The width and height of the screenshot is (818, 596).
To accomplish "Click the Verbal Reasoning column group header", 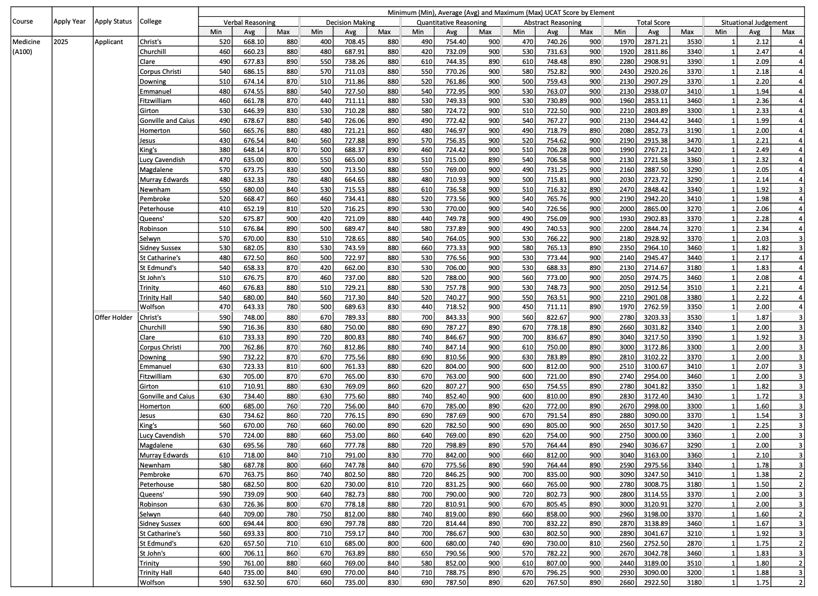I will [249, 22].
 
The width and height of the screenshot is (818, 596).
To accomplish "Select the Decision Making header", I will [350, 22].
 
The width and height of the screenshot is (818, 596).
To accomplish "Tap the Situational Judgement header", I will [754, 22].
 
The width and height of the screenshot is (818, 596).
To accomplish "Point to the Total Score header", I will [653, 22].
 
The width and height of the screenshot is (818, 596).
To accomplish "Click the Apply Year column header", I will [70, 21].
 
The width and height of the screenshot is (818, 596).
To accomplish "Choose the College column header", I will [151, 21].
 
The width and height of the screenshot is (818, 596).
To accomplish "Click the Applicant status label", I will [109, 42].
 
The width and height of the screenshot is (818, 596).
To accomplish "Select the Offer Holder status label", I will [114, 317].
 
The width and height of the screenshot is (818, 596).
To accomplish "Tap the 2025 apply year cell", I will [61, 42].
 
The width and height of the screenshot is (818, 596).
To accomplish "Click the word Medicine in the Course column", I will [26, 42].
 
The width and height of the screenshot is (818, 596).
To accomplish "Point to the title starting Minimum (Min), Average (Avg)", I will [501, 12].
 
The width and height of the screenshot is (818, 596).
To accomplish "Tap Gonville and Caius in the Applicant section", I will [167, 120].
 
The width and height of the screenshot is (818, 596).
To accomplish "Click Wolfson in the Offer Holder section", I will [152, 582].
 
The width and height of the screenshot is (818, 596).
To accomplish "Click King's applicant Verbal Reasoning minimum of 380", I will [215, 150].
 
